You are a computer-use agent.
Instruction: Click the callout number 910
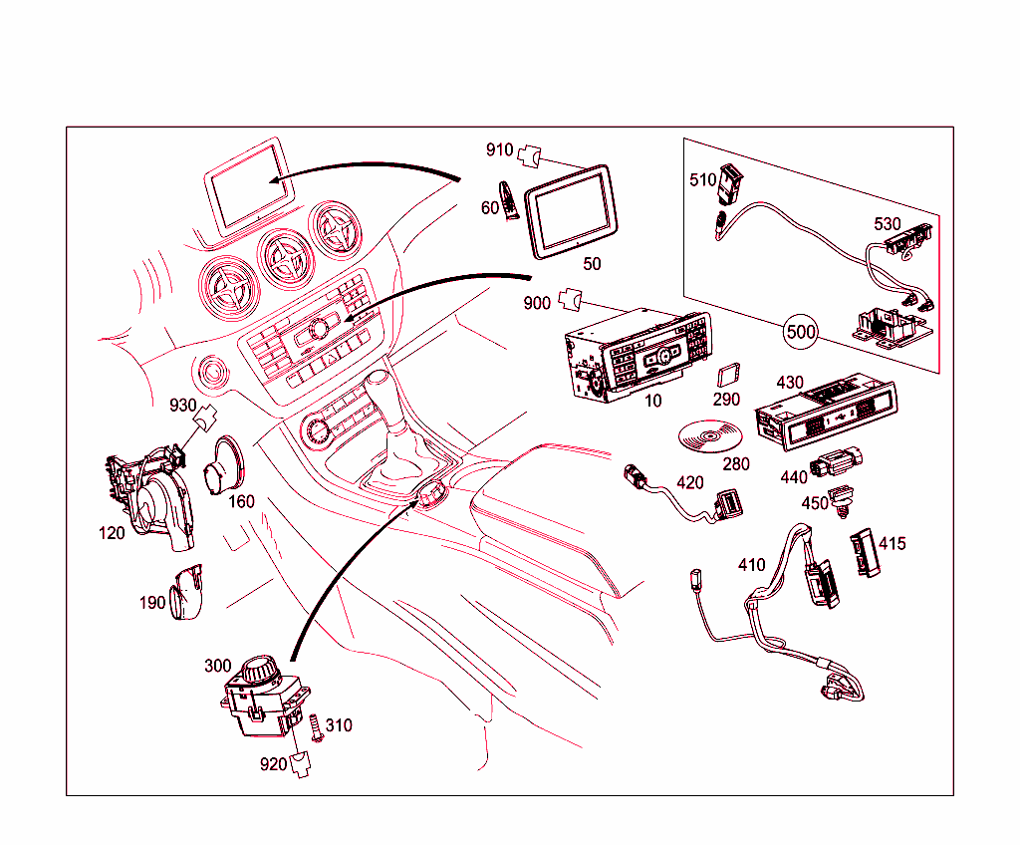[499, 150]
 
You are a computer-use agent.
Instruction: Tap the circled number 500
[800, 331]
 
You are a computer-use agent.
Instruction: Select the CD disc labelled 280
[709, 436]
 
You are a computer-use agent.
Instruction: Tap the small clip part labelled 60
[508, 200]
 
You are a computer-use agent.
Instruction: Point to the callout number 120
[112, 533]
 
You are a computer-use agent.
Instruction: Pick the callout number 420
[689, 483]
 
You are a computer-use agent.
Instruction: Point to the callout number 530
[888, 224]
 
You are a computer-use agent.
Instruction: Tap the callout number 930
[182, 406]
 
